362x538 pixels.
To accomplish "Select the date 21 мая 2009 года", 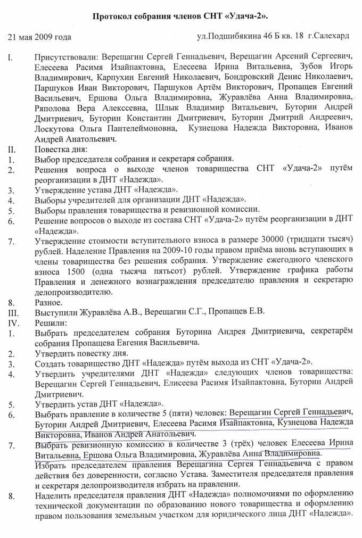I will pos(39,37).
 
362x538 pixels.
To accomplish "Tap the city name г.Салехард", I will pos(331,36).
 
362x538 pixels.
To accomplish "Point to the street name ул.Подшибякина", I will pos(227,36).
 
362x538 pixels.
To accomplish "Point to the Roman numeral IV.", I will pos(12,322).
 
